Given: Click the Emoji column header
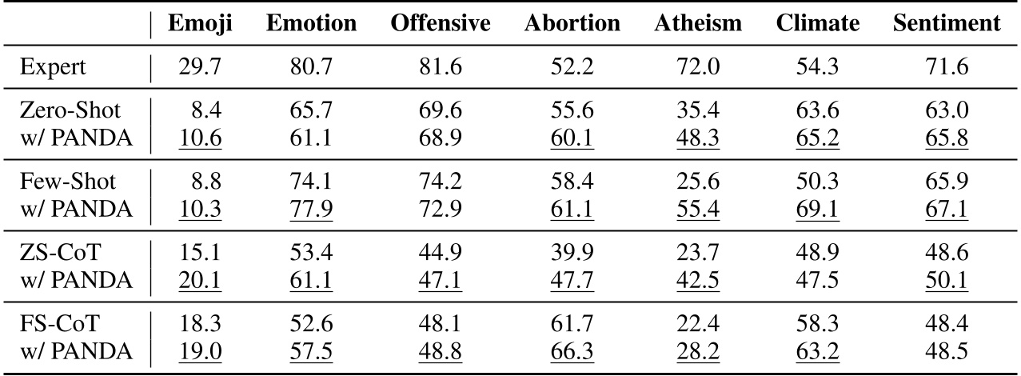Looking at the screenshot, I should (200, 24).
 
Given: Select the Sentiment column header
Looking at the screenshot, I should (946, 24).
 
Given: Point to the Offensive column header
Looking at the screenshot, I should (440, 24).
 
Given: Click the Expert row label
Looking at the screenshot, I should (54, 67).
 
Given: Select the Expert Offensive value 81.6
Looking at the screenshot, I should (440, 67).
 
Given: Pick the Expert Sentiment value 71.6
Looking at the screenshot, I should (946, 67).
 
